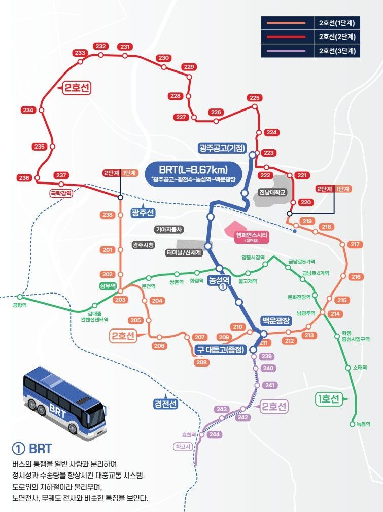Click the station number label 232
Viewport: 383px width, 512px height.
tap(100, 47)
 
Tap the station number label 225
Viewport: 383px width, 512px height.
tap(254, 98)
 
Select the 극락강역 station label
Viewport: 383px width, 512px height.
tap(60, 193)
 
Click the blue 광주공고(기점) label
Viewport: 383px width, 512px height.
tap(222, 149)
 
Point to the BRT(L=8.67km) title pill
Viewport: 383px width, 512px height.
tap(193, 169)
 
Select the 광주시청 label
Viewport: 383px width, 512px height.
tap(143, 245)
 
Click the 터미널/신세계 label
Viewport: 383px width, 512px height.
tap(184, 252)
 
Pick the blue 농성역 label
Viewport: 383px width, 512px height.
tap(220, 279)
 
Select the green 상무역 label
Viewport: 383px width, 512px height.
tap(108, 286)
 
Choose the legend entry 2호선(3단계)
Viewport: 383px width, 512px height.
tap(336, 51)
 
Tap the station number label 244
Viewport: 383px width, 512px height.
tap(214, 434)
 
